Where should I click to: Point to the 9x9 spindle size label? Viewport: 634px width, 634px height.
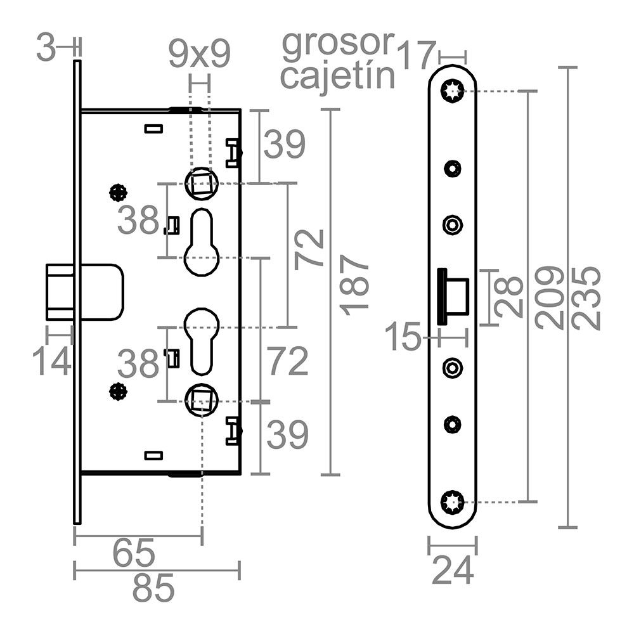[x=199, y=55]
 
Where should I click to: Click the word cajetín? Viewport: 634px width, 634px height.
[x=338, y=77]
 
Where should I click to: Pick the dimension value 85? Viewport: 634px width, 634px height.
[x=153, y=590]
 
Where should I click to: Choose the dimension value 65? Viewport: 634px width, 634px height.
[x=134, y=553]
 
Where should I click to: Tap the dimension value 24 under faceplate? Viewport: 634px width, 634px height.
[x=453, y=571]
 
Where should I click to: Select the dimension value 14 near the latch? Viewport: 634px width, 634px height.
[x=52, y=361]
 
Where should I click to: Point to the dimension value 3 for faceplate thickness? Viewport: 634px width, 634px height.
[x=46, y=48]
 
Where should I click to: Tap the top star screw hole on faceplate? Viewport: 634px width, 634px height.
[x=453, y=91]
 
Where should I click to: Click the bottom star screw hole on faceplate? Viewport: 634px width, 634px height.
[x=453, y=502]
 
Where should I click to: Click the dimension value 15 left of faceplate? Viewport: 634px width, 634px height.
[x=405, y=337]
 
